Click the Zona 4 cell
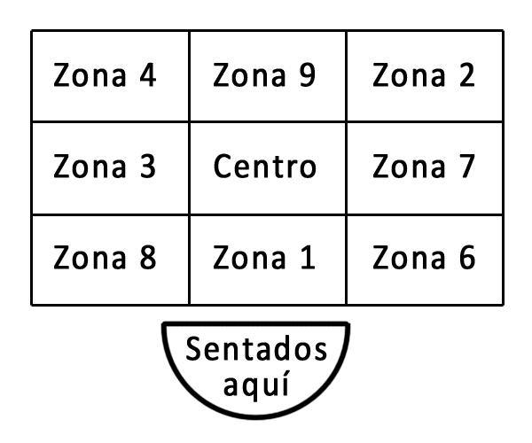pyautogui.click(x=110, y=76)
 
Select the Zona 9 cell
pyautogui.click(x=268, y=76)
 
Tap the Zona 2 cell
pyautogui.click(x=426, y=76)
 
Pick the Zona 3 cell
pyautogui.click(x=110, y=168)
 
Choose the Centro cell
pyautogui.click(x=268, y=168)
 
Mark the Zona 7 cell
pyautogui.click(x=426, y=168)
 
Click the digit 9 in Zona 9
pyautogui.click(x=305, y=76)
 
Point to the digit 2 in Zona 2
pyautogui.click(x=465, y=76)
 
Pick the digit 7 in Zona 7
pyautogui.click(x=465, y=167)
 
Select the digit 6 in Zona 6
pyautogui.click(x=465, y=258)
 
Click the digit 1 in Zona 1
pyautogui.click(x=305, y=258)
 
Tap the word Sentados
pyautogui.click(x=256, y=352)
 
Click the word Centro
pyautogui.click(x=265, y=167)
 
